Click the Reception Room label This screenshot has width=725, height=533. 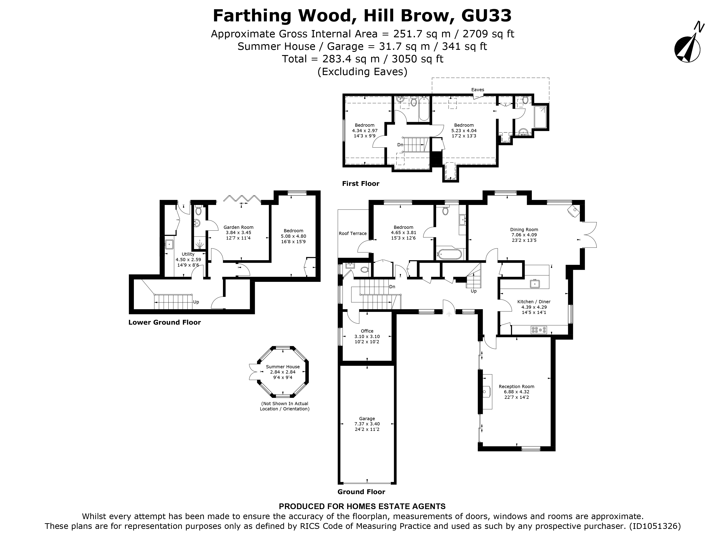coord(516,386)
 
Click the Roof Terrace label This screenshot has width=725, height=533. coord(353,233)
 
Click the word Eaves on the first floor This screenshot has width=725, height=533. coord(477,90)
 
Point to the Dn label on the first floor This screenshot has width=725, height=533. coord(400,145)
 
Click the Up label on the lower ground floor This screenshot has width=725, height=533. coord(196,302)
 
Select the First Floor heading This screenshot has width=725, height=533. coord(360,184)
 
